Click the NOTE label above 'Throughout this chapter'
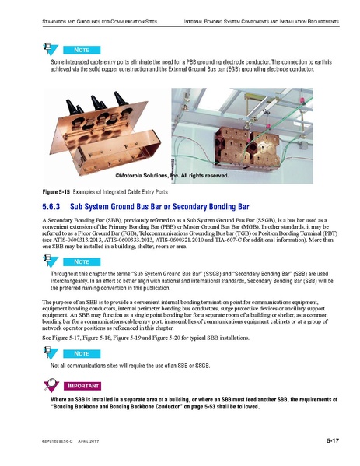(75, 262)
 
